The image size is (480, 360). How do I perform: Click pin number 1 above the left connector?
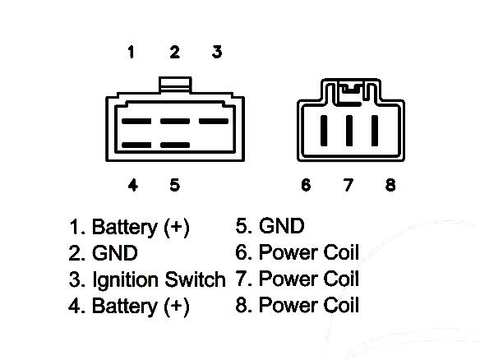[x=131, y=52]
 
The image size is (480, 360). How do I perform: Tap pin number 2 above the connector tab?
[x=174, y=52]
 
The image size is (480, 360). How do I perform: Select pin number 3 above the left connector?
[x=217, y=52]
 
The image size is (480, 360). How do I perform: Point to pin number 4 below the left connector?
[x=133, y=185]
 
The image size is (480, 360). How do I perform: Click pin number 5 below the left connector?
[x=175, y=185]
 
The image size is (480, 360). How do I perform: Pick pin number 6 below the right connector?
[x=306, y=185]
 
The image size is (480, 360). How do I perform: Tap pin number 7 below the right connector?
[x=348, y=185]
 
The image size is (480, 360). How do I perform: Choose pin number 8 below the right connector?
[x=390, y=185]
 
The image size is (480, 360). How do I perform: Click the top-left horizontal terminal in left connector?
[x=136, y=121]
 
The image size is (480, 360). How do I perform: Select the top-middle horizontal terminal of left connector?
[x=175, y=121]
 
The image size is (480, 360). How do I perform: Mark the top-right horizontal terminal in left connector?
[x=214, y=121]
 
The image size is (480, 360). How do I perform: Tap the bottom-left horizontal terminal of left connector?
[x=136, y=145]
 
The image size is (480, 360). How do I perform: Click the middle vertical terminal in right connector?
[x=349, y=131]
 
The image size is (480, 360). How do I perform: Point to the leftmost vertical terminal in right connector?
[x=324, y=131]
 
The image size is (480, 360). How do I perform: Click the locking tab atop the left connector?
[x=175, y=85]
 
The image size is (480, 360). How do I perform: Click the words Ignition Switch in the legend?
[x=159, y=279]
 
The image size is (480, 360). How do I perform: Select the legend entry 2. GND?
[x=104, y=253]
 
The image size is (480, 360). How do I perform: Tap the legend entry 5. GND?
[x=270, y=226]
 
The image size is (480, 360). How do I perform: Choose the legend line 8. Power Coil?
[x=298, y=305]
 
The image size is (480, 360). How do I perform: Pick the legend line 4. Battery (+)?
[x=129, y=306]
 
